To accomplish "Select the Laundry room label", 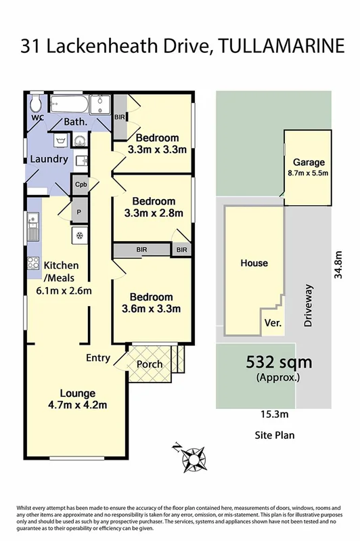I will click(49, 159).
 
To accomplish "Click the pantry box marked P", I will click(81, 211).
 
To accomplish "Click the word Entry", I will click(98, 358).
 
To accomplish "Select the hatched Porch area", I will click(150, 364).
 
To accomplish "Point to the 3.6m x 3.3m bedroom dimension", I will click(152, 310).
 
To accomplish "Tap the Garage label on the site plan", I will click(309, 163).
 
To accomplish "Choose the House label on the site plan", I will click(254, 263).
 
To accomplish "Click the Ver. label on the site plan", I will click(273, 323).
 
